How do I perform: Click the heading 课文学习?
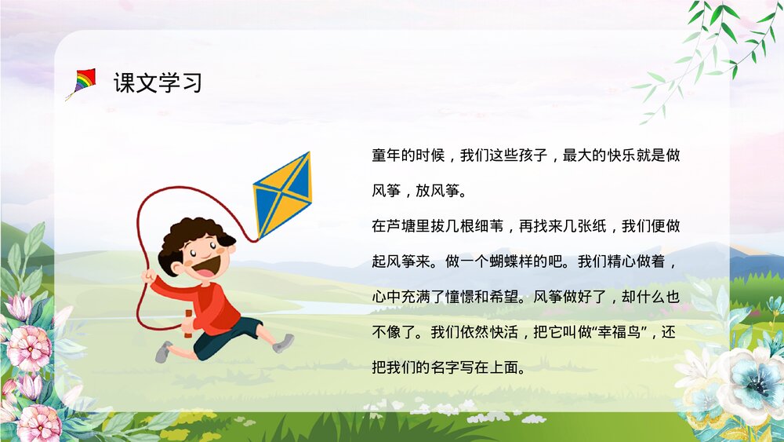click(158, 83)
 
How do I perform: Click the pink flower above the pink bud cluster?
click(30, 345)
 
